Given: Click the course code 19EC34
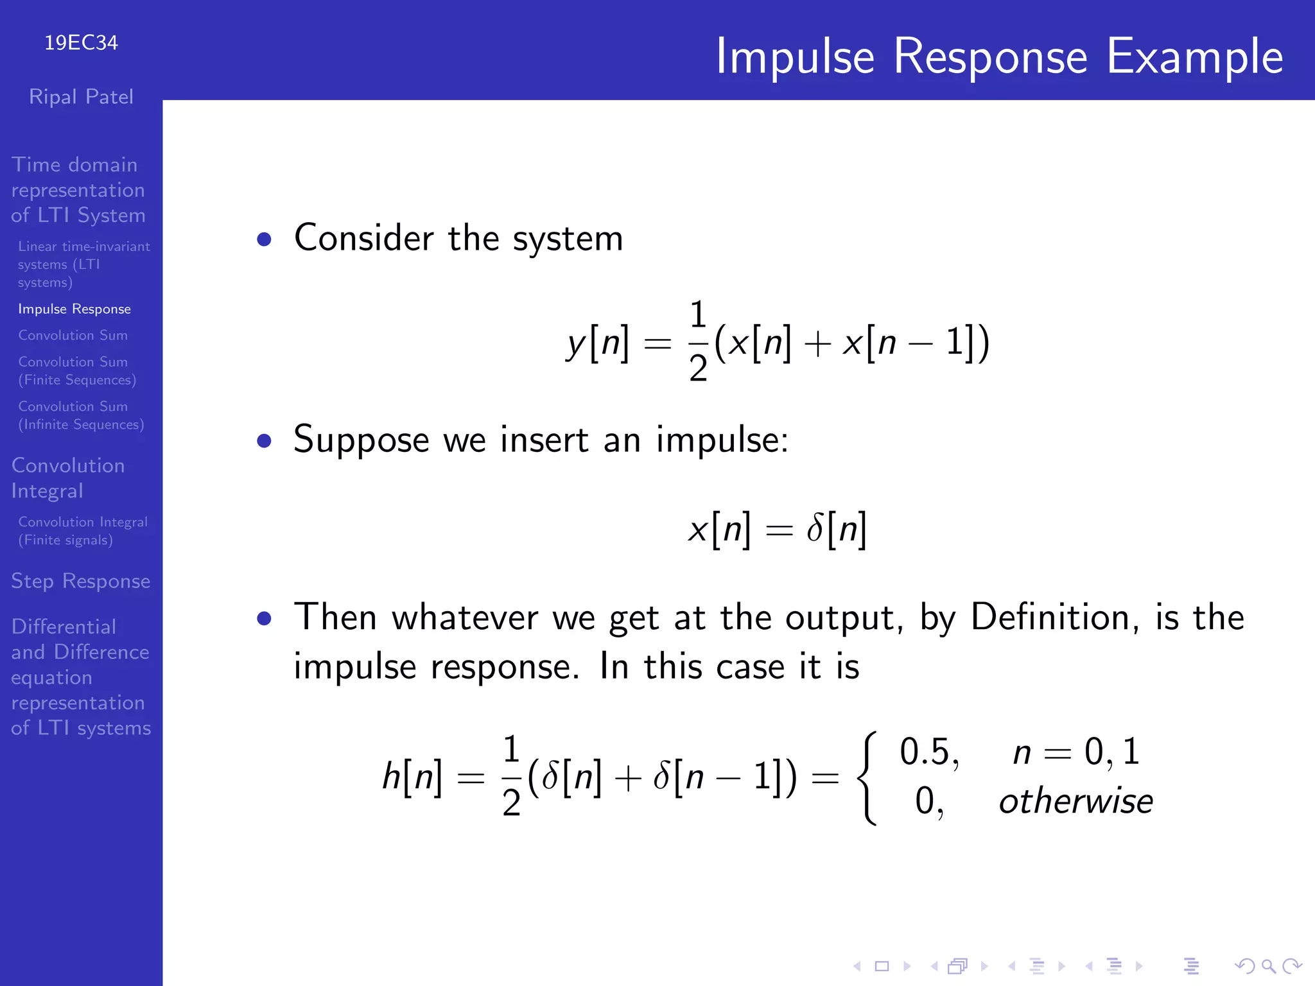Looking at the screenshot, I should [81, 43].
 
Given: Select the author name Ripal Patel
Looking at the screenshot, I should [81, 97].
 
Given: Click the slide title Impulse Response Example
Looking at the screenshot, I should [998, 56].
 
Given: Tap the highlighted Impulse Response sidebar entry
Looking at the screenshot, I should [74, 309].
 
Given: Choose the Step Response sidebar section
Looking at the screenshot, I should [81, 581].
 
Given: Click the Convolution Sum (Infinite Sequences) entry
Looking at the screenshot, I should [81, 415].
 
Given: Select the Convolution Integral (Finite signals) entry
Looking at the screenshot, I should [83, 531].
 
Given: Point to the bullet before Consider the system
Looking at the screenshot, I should [264, 239].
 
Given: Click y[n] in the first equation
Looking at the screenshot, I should [597, 343].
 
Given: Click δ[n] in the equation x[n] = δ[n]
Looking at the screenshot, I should [837, 530].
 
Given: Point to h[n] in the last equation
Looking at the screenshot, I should [412, 777].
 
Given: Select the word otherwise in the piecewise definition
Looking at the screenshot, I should [1076, 802].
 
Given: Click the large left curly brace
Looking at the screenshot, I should [867, 777].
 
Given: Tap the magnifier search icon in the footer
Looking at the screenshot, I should [1268, 966].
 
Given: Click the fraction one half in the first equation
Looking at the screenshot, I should [698, 342].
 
